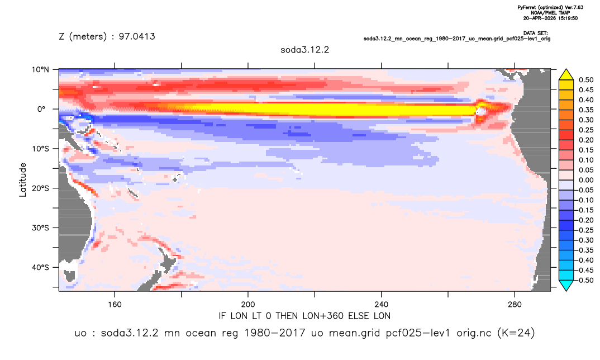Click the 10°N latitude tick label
(x=40, y=69)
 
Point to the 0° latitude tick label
(x=41, y=109)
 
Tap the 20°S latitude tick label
(x=40, y=188)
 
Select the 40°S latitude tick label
(x=40, y=267)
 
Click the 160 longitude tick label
(x=115, y=305)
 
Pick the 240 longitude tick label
(x=382, y=305)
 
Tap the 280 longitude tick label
(x=515, y=305)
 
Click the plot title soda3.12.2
(x=304, y=50)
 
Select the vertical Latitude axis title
(x=23, y=180)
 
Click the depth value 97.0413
(x=137, y=36)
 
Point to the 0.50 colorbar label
(x=586, y=80)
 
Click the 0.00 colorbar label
(x=586, y=180)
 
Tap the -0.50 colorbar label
(x=585, y=280)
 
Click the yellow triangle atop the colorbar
(x=566, y=75)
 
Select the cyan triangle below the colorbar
(x=566, y=285)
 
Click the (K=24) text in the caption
(x=516, y=333)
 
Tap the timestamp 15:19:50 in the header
(x=566, y=18)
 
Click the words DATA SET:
(x=535, y=34)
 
